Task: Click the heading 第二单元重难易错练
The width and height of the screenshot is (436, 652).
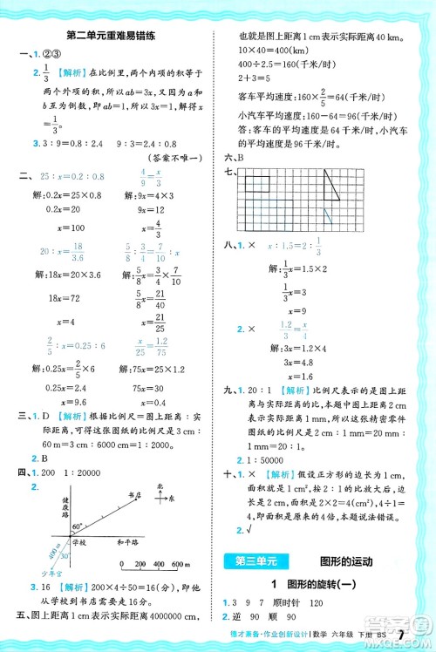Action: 111,34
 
